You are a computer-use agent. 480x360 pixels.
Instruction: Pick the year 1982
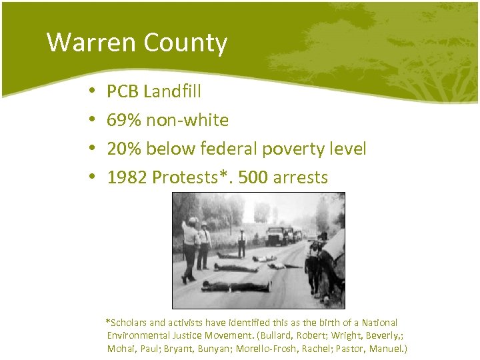[127, 178]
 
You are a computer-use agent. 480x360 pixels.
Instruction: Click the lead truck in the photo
[275, 236]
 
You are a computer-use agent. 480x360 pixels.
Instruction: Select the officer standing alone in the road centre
[241, 243]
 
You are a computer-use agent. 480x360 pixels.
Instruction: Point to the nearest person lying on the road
[237, 287]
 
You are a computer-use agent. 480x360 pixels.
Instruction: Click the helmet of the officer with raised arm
[192, 220]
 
